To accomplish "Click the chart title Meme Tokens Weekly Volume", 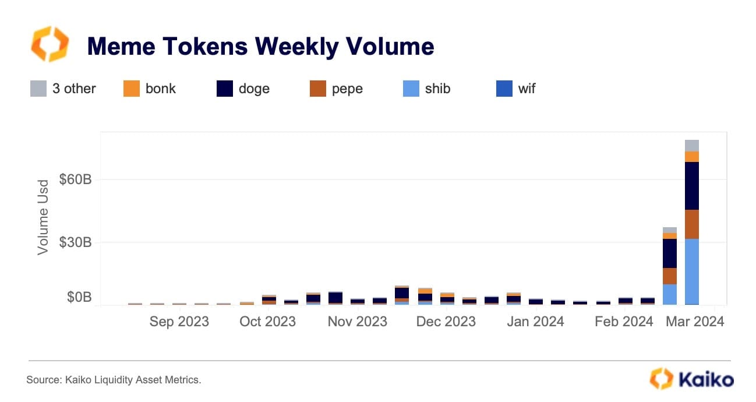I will click(x=260, y=46).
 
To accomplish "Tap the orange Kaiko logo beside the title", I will click(x=50, y=44).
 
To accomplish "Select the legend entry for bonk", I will click(x=150, y=89).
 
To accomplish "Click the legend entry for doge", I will click(x=243, y=89).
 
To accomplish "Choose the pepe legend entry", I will click(x=336, y=89).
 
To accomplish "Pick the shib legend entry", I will click(x=427, y=89).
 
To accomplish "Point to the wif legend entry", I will click(x=515, y=89).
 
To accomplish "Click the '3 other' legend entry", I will click(x=63, y=89).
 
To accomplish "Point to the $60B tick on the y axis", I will click(x=75, y=179).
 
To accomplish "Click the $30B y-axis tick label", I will click(x=75, y=242).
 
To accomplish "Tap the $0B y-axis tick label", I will click(x=79, y=298).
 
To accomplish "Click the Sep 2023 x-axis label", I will click(x=179, y=322).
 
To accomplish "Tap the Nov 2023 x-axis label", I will click(x=357, y=322).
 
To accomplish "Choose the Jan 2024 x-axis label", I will click(x=535, y=322).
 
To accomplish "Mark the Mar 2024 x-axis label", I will click(x=695, y=322).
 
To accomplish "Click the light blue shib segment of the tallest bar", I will click(x=692, y=271).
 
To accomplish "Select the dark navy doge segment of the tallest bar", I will click(x=692, y=185).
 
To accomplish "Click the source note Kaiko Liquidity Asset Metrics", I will click(x=114, y=380).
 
